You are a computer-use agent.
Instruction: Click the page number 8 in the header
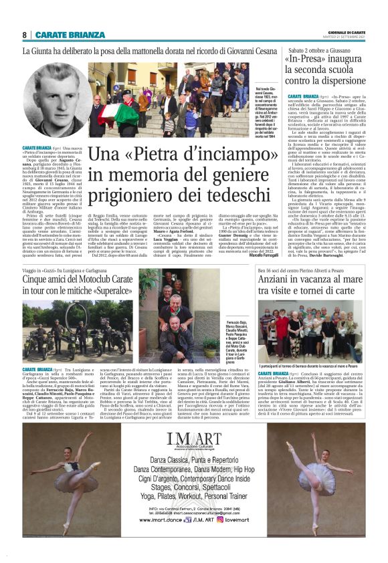pyautogui.click(x=24, y=34)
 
